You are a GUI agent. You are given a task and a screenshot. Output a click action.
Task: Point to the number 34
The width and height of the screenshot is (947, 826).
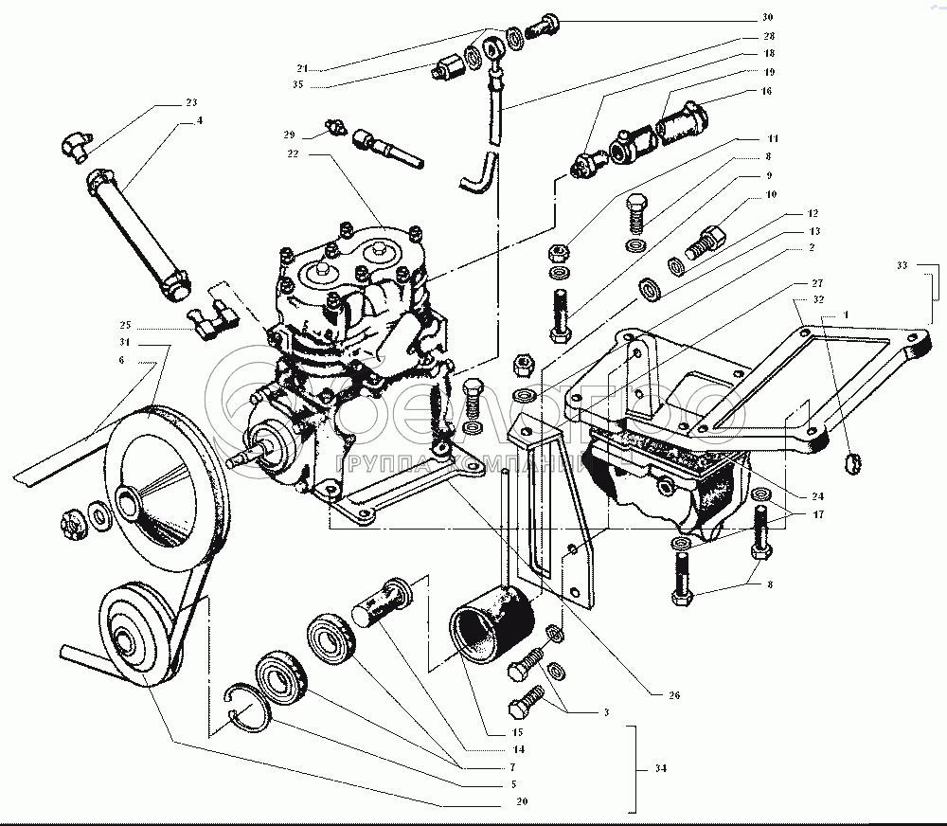pyautogui.click(x=660, y=769)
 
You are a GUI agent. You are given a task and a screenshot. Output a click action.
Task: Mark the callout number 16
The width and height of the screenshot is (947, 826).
pyautogui.click(x=765, y=92)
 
